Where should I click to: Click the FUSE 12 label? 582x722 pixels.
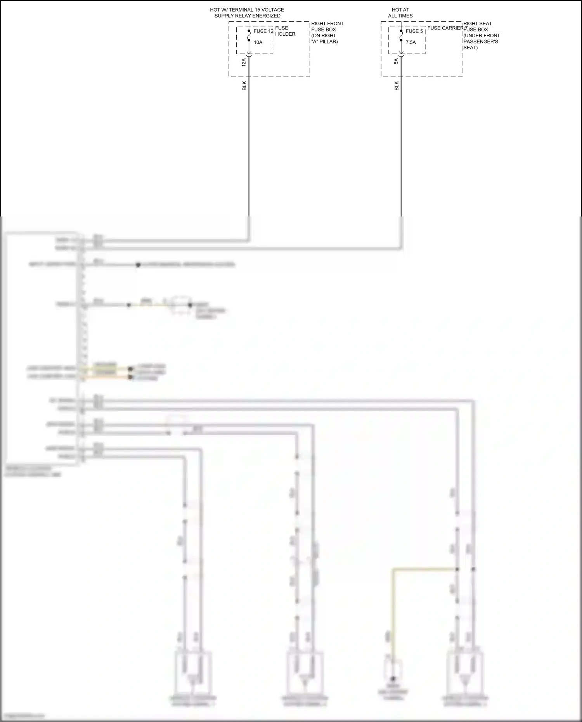pyautogui.click(x=263, y=31)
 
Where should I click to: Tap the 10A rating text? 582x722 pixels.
pyautogui.click(x=258, y=42)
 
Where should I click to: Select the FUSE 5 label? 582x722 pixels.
pyautogui.click(x=414, y=31)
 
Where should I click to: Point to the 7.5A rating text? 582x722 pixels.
pyautogui.click(x=411, y=42)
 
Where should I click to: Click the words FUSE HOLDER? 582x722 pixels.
pyautogui.click(x=285, y=31)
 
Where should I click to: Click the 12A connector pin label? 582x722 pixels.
pyautogui.click(x=244, y=62)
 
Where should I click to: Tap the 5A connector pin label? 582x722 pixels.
pyautogui.click(x=396, y=61)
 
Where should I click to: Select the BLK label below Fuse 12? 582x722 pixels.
pyautogui.click(x=244, y=86)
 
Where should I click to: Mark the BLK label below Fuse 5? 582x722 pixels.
pyautogui.click(x=397, y=86)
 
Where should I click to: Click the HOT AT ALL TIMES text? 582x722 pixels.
pyautogui.click(x=400, y=13)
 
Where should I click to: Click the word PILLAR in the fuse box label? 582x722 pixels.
pyautogui.click(x=328, y=42)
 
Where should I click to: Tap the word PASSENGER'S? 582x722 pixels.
pyautogui.click(x=480, y=42)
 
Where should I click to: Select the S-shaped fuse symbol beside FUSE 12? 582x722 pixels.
pyautogui.click(x=249, y=35)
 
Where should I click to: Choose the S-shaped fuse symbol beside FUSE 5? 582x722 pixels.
pyautogui.click(x=401, y=35)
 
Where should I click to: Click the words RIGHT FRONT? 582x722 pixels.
pyautogui.click(x=327, y=24)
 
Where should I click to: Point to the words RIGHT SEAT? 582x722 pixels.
pyautogui.click(x=477, y=24)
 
